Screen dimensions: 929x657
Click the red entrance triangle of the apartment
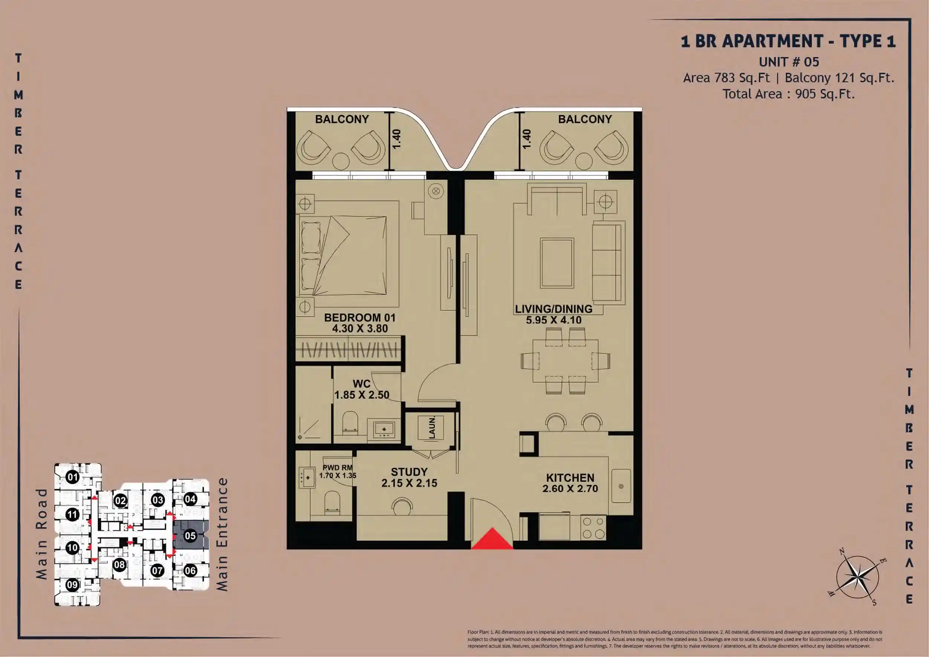point(492,539)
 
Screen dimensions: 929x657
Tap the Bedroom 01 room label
point(360,318)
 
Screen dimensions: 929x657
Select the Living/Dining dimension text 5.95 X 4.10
point(554,320)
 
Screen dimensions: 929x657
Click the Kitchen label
point(570,478)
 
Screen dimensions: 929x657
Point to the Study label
point(409,472)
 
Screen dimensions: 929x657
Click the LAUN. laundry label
point(432,427)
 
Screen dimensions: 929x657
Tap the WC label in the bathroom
point(361,384)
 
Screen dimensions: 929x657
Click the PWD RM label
point(337,468)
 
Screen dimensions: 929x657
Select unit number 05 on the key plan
point(190,536)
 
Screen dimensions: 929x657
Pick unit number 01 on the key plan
point(72,478)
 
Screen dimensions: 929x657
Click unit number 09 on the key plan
point(72,585)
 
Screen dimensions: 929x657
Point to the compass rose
point(857,576)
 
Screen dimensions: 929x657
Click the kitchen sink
point(621,486)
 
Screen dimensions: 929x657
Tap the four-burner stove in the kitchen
point(593,528)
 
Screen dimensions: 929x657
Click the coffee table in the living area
point(557,263)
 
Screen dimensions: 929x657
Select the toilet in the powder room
point(333,503)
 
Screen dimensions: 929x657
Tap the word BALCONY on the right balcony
point(585,119)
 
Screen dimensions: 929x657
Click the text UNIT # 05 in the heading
point(789,62)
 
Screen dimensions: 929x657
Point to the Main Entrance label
point(222,534)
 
